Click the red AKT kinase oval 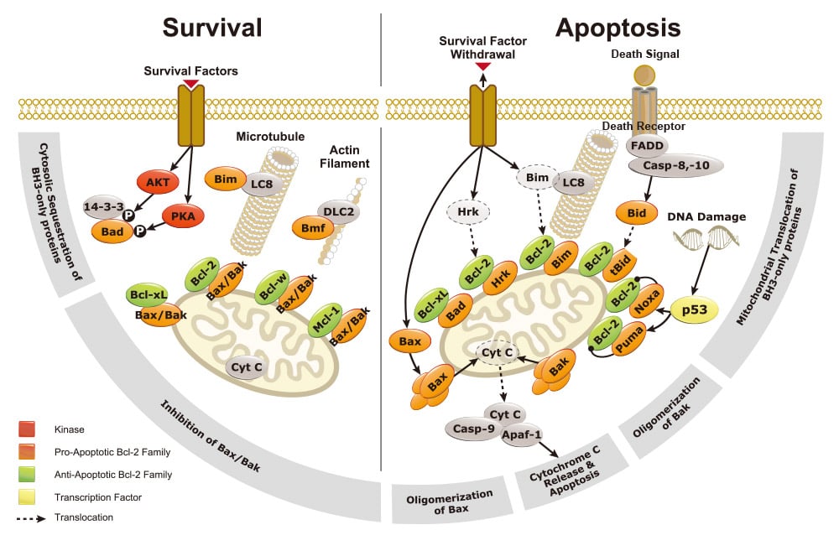[x=158, y=183]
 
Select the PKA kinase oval [x=183, y=216]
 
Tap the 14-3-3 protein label [x=104, y=206]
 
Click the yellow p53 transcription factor [x=695, y=309]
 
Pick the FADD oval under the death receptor [x=647, y=145]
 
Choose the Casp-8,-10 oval [x=675, y=165]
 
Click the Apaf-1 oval [x=522, y=435]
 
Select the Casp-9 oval [x=473, y=429]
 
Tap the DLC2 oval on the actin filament [x=338, y=212]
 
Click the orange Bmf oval [x=313, y=228]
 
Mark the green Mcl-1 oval [x=326, y=320]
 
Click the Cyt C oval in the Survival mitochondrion [x=247, y=367]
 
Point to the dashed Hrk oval [x=468, y=212]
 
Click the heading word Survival [x=212, y=28]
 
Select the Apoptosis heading [x=618, y=29]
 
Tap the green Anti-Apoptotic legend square [x=27, y=475]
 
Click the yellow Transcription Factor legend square [x=27, y=497]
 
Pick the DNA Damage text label [x=706, y=216]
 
